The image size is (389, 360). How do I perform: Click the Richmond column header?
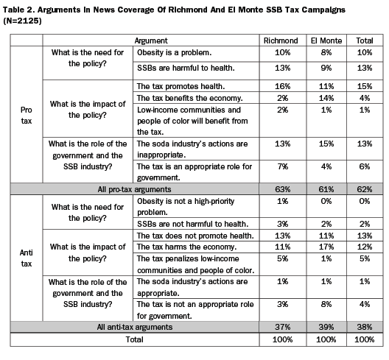tap(281, 40)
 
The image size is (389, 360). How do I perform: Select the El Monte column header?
tap(326, 40)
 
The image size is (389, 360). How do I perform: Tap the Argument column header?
tap(151, 40)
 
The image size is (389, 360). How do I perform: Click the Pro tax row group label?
tap(27, 116)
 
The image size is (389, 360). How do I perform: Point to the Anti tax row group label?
tap(27, 258)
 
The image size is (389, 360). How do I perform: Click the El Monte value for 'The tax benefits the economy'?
tap(326, 98)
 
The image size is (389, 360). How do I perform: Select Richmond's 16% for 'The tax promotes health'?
tap(283, 86)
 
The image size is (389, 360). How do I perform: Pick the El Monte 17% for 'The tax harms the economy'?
tap(326, 247)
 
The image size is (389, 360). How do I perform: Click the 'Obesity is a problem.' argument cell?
tap(174, 52)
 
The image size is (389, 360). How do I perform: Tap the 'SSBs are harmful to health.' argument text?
tap(186, 68)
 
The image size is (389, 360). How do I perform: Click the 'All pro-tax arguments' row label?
tap(135, 189)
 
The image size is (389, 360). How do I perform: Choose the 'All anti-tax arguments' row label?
tap(135, 327)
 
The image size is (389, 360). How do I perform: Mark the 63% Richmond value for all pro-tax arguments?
tap(283, 189)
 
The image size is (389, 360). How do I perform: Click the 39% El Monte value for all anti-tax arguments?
tap(326, 327)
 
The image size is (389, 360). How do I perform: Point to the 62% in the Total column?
tap(365, 189)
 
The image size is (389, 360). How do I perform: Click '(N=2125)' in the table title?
tap(22, 21)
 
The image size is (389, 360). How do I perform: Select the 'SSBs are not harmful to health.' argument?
tap(193, 224)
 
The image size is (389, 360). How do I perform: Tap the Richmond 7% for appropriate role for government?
tap(283, 166)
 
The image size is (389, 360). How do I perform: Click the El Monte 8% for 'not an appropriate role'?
tap(326, 305)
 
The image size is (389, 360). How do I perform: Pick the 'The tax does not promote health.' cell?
tap(195, 236)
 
